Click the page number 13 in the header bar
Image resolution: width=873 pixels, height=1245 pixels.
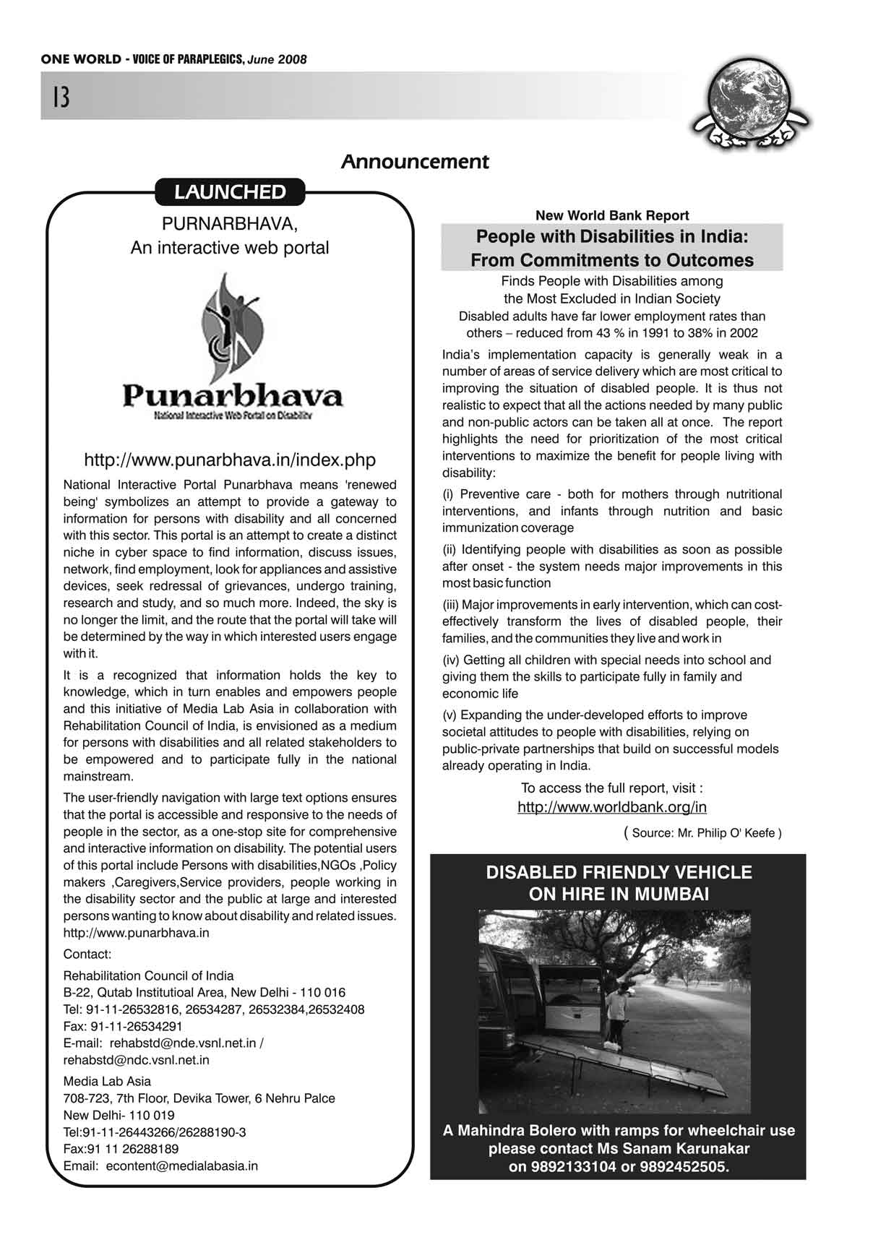pyautogui.click(x=61, y=97)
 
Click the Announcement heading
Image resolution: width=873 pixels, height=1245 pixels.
pyautogui.click(x=415, y=162)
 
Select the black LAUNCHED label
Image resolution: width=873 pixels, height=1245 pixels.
pyautogui.click(x=230, y=192)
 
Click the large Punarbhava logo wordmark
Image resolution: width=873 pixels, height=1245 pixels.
pyautogui.click(x=232, y=396)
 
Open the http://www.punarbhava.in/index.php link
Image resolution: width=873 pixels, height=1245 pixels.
pyautogui.click(x=230, y=460)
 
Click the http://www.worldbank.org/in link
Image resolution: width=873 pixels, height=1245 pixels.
pyautogui.click(x=611, y=807)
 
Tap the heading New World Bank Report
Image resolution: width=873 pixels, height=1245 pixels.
pyautogui.click(x=611, y=215)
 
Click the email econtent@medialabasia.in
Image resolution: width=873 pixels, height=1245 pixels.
pyautogui.click(x=181, y=1166)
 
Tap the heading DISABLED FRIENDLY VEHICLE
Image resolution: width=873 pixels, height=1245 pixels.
pyautogui.click(x=619, y=873)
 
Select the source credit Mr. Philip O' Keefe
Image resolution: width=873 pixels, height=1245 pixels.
pyautogui.click(x=706, y=833)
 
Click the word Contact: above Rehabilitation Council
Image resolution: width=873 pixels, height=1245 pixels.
pyautogui.click(x=87, y=954)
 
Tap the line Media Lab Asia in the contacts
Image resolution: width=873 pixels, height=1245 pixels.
pyautogui.click(x=107, y=1081)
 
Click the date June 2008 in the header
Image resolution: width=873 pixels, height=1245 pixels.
pyautogui.click(x=277, y=59)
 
